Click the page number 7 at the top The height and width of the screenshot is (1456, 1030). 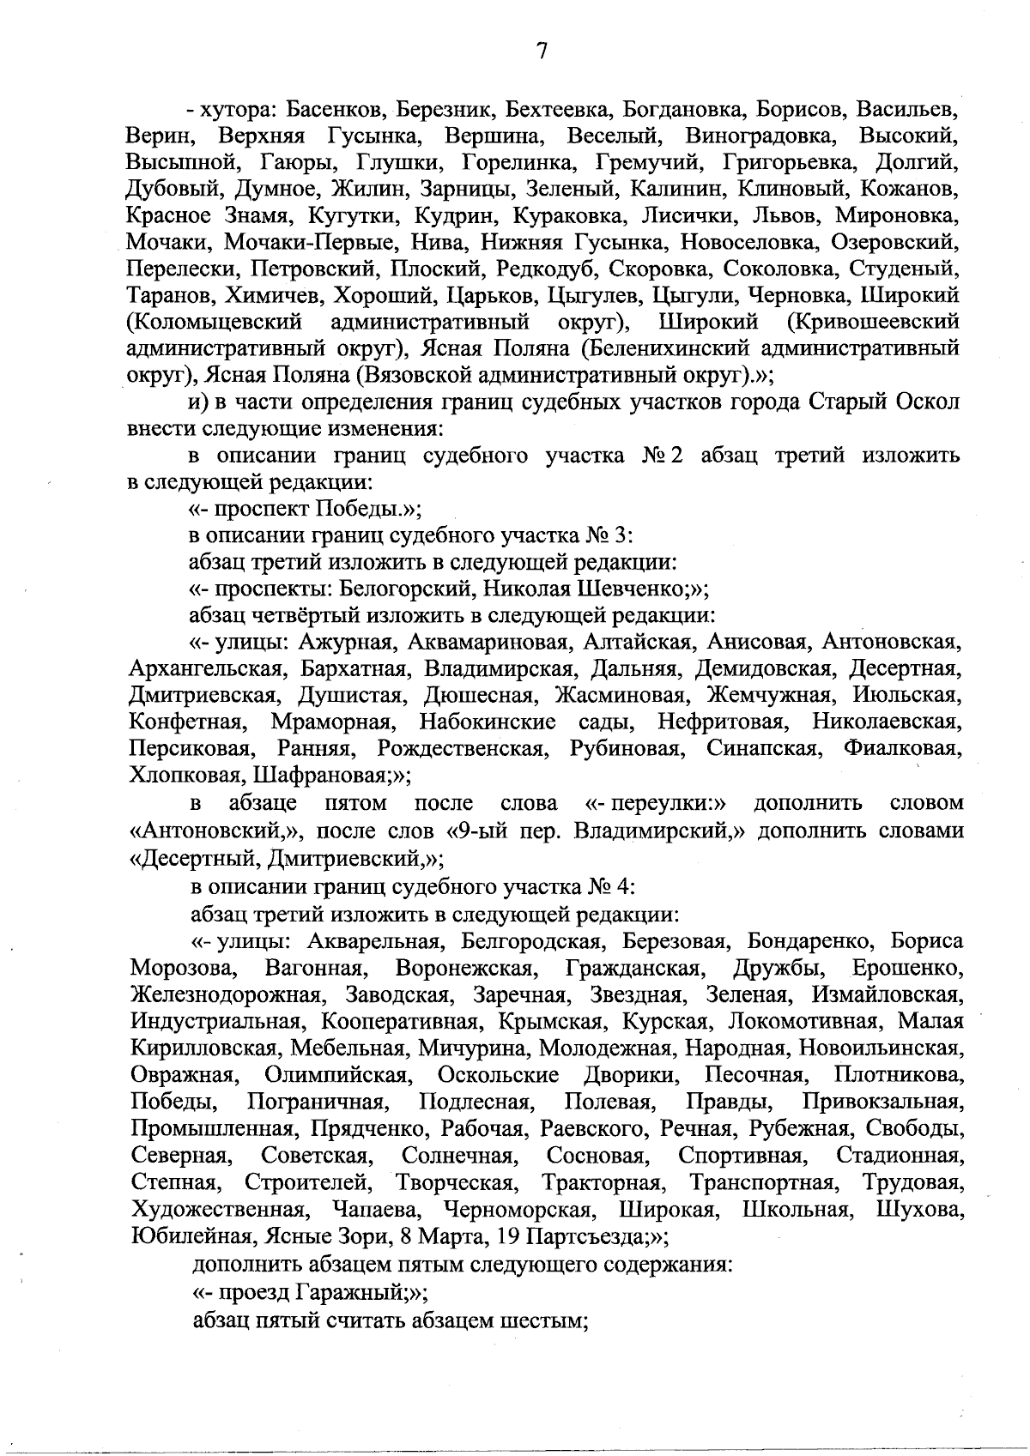tap(542, 52)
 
